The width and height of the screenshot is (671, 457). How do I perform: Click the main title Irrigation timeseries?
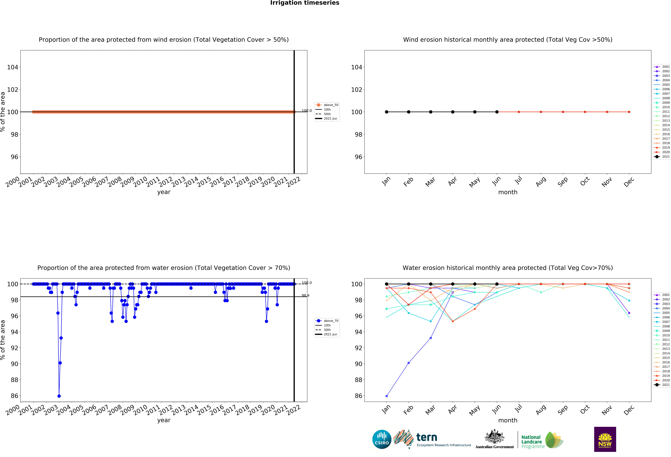[x=305, y=3]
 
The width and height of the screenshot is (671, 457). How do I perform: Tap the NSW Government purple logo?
[x=605, y=439]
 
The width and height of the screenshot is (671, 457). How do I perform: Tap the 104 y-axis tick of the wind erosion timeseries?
[x=12, y=67]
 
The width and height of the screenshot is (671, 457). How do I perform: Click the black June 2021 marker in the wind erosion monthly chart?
[x=497, y=112]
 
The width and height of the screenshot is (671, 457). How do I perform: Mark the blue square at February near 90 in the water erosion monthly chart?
[x=409, y=363]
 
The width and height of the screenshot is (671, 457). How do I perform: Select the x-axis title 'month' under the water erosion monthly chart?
[x=508, y=420]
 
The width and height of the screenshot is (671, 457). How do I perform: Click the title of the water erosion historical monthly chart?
[x=508, y=268]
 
